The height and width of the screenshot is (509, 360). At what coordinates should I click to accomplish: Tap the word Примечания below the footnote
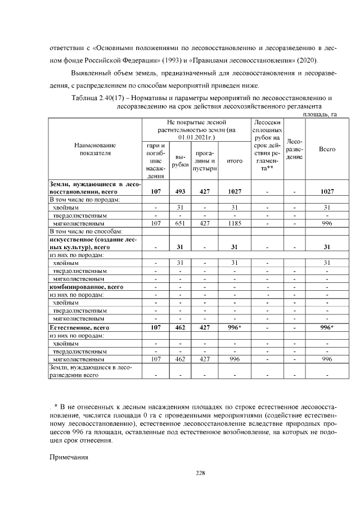point(69,457)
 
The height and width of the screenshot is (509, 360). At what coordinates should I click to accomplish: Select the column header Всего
point(327,149)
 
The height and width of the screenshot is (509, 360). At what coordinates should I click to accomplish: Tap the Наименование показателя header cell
point(95,149)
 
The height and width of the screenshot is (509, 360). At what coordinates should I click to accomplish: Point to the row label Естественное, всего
point(79,327)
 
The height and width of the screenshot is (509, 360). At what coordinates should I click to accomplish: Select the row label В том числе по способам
point(86,231)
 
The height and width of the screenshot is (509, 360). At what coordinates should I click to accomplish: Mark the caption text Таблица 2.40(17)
point(99,98)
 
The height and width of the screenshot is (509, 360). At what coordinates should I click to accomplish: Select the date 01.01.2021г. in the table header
point(195,137)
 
